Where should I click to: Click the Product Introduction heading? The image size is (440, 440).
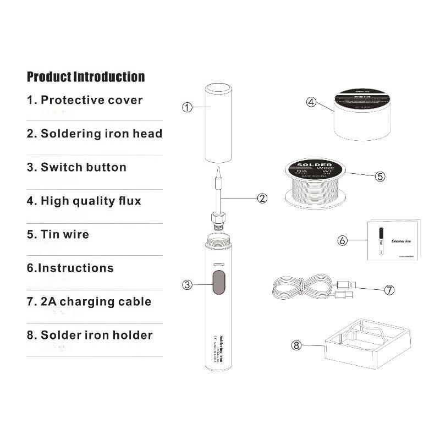[x=86, y=76]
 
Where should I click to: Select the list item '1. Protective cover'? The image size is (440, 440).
[x=85, y=100]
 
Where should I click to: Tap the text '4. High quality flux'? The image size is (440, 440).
[x=84, y=201]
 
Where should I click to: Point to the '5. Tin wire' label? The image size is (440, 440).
[x=58, y=234]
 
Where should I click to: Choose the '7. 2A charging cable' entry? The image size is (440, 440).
[x=89, y=301]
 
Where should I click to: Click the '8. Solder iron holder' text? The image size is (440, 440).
[x=90, y=335]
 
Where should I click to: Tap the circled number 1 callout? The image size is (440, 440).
[x=187, y=108]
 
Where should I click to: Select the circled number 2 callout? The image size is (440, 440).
[x=262, y=198]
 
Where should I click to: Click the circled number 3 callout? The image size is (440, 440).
[x=188, y=284]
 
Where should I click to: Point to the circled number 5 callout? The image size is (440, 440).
[x=380, y=177]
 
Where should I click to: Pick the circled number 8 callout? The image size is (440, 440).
[x=296, y=345]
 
